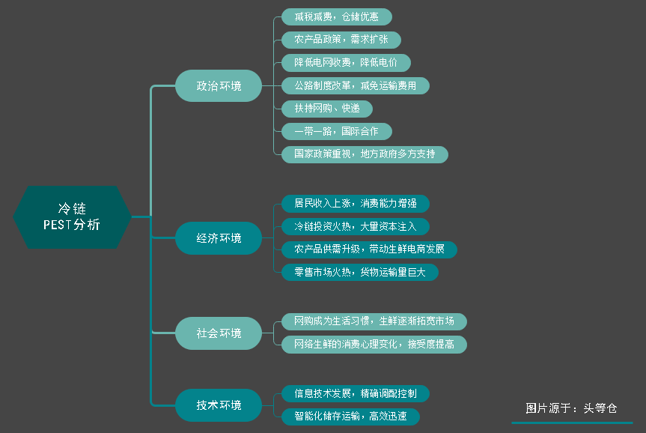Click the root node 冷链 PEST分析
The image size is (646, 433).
[x=72, y=216]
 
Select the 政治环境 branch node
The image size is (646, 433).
[x=219, y=86]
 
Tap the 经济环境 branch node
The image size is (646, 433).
[x=219, y=238]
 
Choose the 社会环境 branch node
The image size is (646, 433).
[x=219, y=333]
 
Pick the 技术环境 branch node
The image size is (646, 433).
[x=219, y=405]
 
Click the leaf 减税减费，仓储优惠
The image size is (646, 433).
[x=337, y=17]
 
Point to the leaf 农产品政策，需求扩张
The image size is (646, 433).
[x=341, y=40]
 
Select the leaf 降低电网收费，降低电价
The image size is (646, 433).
[x=346, y=63]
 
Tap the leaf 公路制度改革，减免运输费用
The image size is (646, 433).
[x=356, y=85]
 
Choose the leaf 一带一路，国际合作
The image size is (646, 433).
[x=337, y=132]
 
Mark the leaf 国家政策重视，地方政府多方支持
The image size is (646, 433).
[x=365, y=154]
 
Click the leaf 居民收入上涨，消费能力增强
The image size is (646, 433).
[x=356, y=203]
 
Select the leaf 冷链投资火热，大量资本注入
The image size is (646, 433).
[x=356, y=225]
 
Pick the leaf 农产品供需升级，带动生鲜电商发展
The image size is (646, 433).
[x=369, y=249]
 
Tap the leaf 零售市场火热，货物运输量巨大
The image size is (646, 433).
[x=360, y=272]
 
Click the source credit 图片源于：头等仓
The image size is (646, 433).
[x=571, y=409]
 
